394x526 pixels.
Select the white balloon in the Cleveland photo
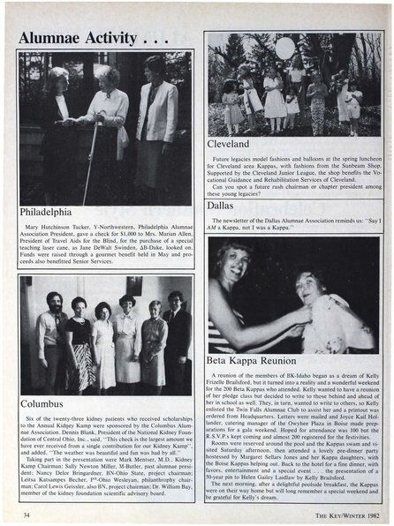click(284, 48)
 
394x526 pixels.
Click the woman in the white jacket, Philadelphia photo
click(155, 115)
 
